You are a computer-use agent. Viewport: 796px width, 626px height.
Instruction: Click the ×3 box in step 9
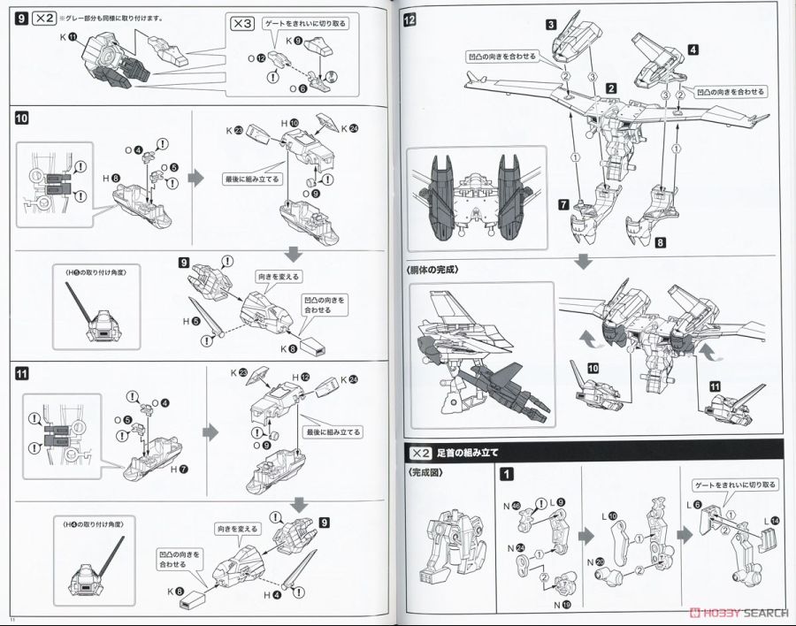[x=241, y=25]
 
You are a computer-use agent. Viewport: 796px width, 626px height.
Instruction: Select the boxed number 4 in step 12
[x=693, y=50]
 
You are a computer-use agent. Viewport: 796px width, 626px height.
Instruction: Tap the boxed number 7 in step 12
[x=562, y=205]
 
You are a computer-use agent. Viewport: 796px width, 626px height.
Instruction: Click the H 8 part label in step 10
[x=111, y=179]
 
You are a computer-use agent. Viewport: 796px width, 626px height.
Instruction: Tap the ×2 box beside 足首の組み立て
[x=417, y=453]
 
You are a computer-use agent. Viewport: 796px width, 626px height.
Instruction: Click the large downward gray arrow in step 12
[x=584, y=263]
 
